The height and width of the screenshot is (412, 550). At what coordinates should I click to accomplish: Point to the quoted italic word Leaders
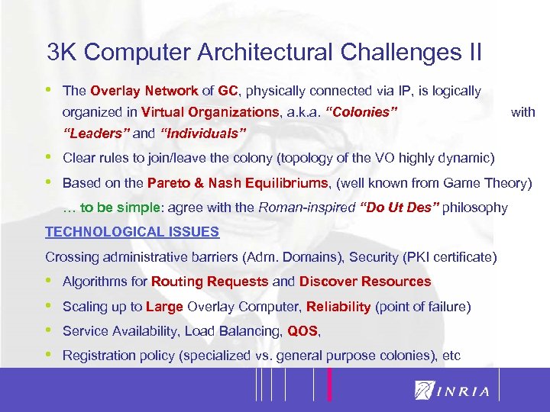tap(95, 134)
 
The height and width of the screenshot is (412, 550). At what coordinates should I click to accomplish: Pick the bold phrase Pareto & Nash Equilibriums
tap(237, 183)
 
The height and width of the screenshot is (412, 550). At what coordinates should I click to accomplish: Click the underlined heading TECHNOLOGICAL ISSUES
tap(132, 232)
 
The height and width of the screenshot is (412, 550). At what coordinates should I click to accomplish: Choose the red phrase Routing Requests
tap(210, 282)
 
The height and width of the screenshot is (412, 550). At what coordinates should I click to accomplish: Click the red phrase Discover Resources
tap(365, 282)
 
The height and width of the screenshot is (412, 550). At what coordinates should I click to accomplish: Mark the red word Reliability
tap(338, 307)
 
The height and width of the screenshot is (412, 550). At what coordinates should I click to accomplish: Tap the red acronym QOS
tap(303, 331)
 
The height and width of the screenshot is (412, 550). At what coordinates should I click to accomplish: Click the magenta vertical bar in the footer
tap(330, 385)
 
